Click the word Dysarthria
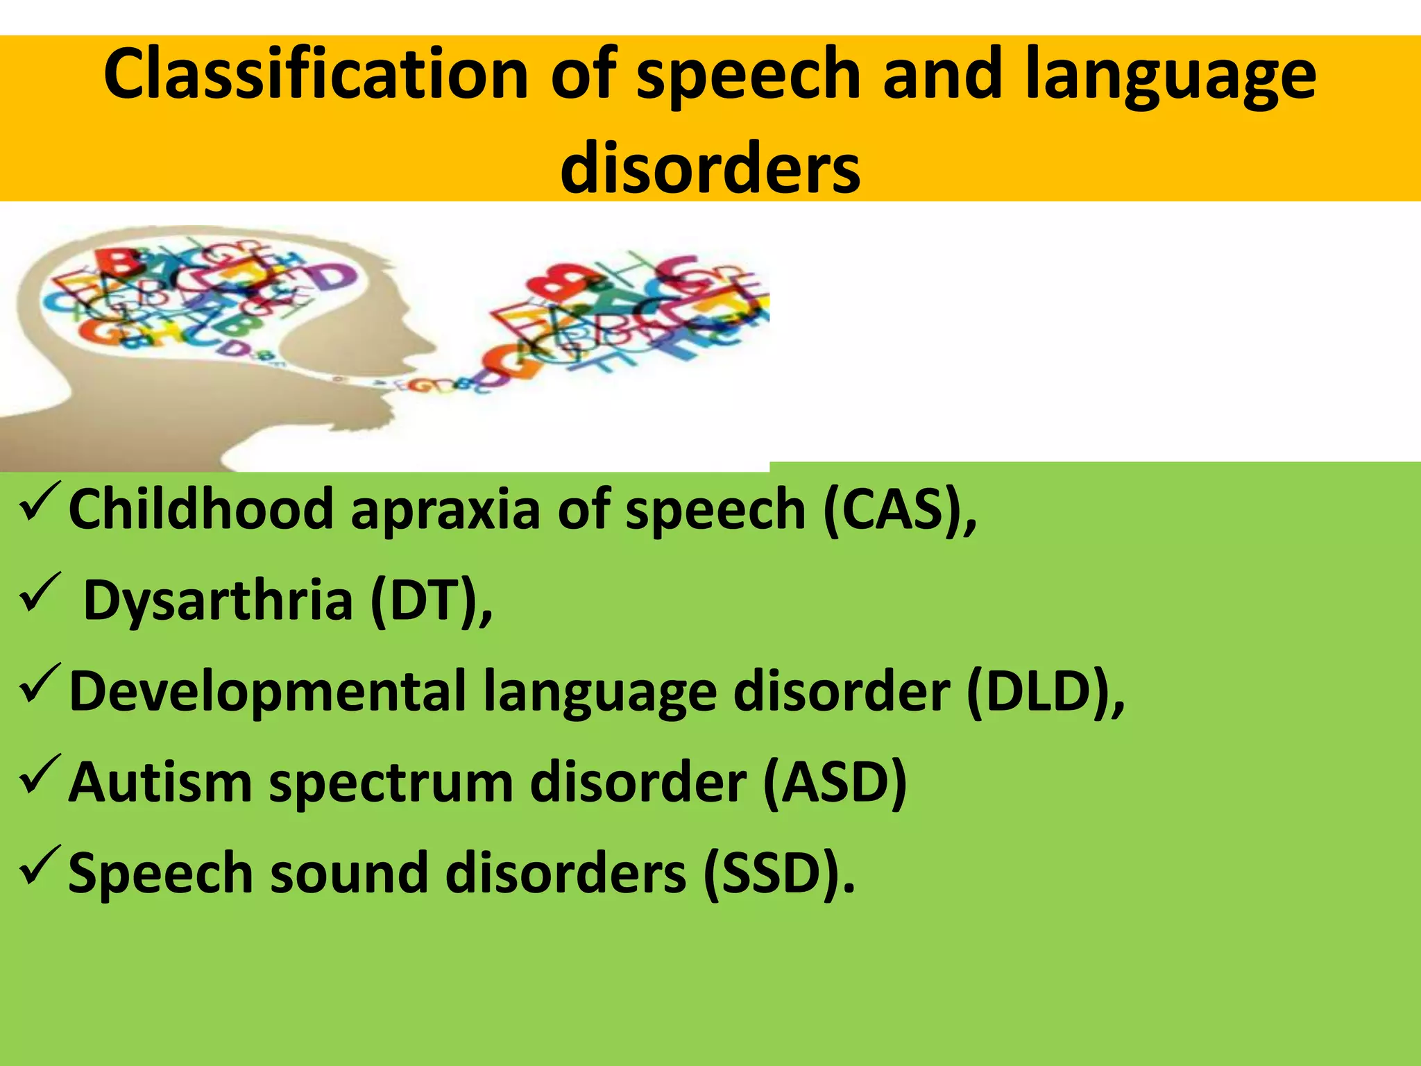point(218,601)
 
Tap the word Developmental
point(267,692)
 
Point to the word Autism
point(160,783)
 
